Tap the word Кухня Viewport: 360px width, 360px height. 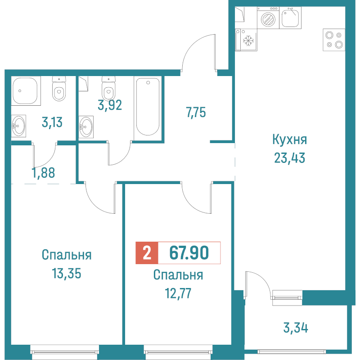coord(289,140)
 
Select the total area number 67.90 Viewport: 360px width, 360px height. coord(189,253)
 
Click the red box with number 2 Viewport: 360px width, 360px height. coord(147,253)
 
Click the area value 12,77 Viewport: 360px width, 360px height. coord(178,293)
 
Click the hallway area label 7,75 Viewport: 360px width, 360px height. coord(196,112)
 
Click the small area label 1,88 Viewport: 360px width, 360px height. coord(44,173)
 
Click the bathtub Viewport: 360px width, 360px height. coord(148,107)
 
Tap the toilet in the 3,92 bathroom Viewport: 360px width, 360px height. coord(108,90)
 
